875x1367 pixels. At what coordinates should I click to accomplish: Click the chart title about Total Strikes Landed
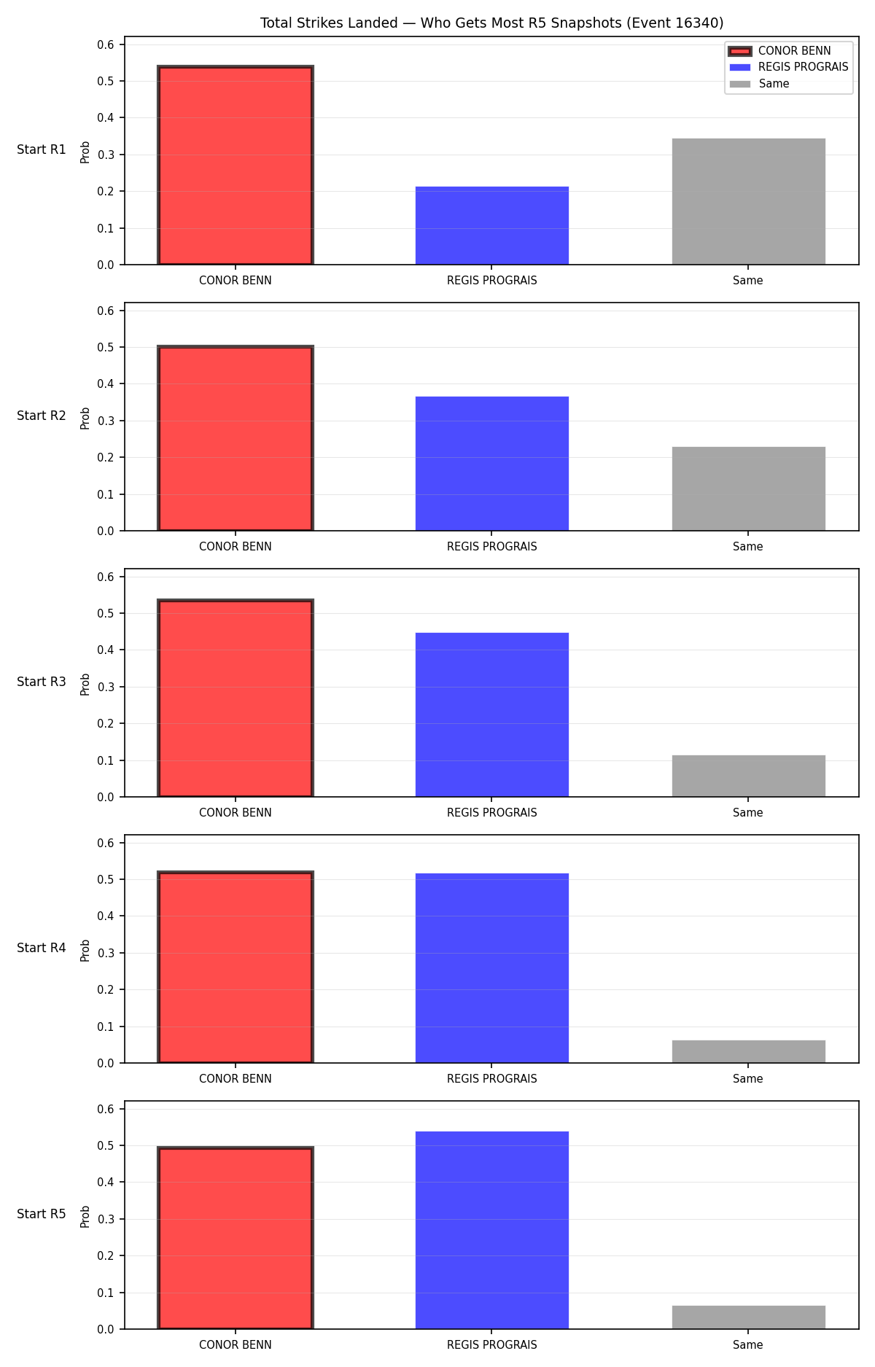pyautogui.click(x=492, y=23)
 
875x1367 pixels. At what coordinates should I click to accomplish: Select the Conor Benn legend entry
pyautogui.click(x=779, y=51)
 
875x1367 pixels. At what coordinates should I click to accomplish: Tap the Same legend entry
pyautogui.click(x=759, y=84)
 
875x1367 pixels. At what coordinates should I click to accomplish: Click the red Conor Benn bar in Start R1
pyautogui.click(x=236, y=165)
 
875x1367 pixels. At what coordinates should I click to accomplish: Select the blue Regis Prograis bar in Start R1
pyautogui.click(x=492, y=225)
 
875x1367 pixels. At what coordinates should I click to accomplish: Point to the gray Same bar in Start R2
pyautogui.click(x=748, y=488)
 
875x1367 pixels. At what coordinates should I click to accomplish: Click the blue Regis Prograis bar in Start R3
pyautogui.click(x=492, y=714)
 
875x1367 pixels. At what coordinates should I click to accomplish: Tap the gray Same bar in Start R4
pyautogui.click(x=748, y=1051)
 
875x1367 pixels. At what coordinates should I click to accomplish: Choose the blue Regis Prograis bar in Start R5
pyautogui.click(x=492, y=1230)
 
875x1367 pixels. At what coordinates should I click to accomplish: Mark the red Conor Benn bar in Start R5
pyautogui.click(x=236, y=1238)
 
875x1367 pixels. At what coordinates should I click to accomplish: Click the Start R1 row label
pyautogui.click(x=42, y=149)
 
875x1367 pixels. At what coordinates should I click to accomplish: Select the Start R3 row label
pyautogui.click(x=42, y=682)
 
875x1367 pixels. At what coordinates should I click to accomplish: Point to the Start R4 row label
pyautogui.click(x=42, y=948)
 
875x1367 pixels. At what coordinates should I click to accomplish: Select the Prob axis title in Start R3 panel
pyautogui.click(x=85, y=684)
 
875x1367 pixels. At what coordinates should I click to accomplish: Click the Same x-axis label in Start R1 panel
pyautogui.click(x=748, y=281)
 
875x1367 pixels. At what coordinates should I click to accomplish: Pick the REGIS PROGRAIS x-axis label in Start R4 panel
pyautogui.click(x=492, y=1079)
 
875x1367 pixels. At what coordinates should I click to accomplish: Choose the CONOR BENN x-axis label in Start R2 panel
pyautogui.click(x=236, y=547)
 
